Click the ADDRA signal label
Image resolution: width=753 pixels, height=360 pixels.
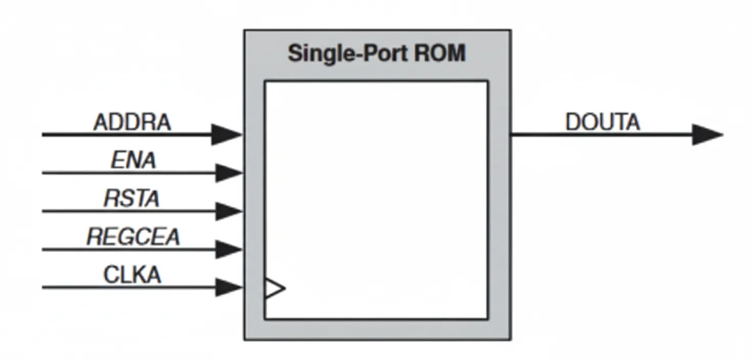132,123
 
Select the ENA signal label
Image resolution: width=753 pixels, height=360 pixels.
134,161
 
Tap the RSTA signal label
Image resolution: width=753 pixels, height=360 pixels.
132,198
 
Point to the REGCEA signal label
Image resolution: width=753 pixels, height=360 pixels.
133,237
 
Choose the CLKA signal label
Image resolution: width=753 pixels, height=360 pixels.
132,275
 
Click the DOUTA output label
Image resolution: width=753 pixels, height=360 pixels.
602,123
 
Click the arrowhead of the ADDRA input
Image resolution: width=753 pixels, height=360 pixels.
227,134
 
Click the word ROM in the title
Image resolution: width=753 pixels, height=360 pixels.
440,53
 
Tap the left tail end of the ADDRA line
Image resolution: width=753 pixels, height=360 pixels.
43,134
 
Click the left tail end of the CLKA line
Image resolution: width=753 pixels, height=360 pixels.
43,287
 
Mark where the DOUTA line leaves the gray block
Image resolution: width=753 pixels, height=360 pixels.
512,134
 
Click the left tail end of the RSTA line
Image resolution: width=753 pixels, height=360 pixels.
43,211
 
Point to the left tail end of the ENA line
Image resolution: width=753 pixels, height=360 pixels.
43,173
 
